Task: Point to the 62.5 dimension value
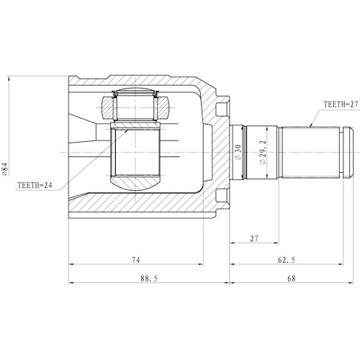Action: [294, 258]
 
